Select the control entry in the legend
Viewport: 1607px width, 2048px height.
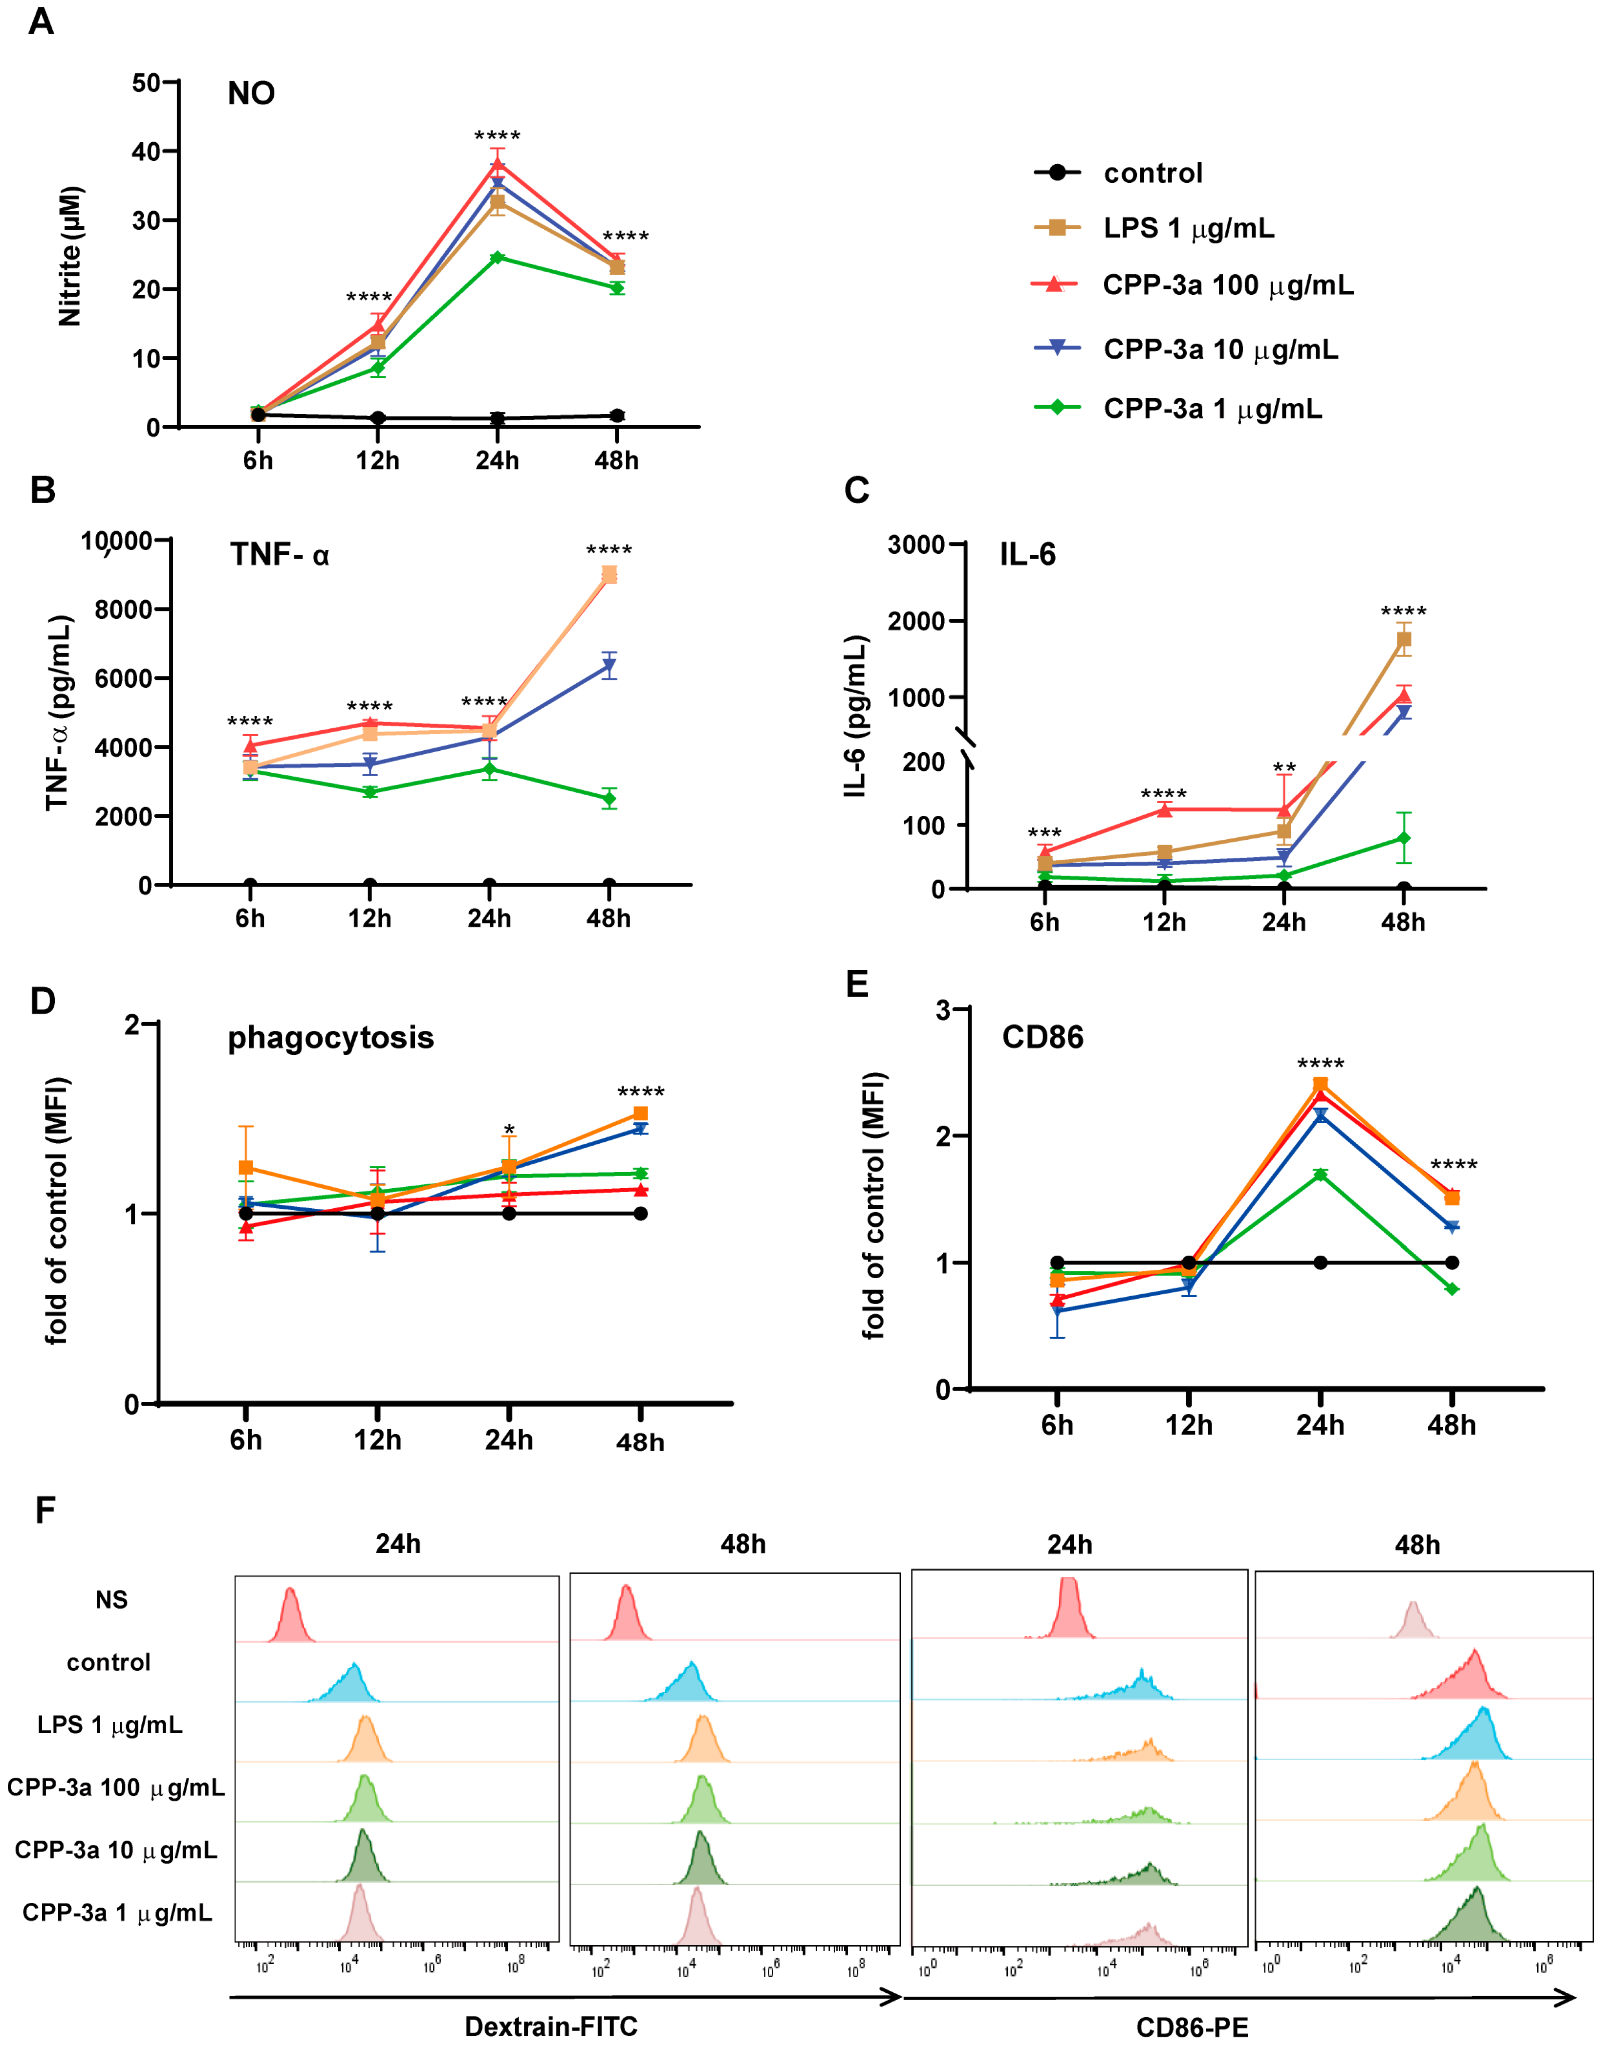point(1152,173)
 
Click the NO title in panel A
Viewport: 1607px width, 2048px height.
point(251,93)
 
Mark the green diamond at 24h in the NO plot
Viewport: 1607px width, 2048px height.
point(497,258)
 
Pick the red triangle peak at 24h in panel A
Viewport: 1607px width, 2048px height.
point(497,165)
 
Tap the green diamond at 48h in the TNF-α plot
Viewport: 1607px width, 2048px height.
point(609,799)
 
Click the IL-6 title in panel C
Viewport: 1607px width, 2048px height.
point(1027,555)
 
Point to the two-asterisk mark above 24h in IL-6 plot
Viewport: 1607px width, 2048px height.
point(1284,768)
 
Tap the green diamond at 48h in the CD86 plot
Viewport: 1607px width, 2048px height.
point(1452,1289)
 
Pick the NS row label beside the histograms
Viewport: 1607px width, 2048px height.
point(111,1599)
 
